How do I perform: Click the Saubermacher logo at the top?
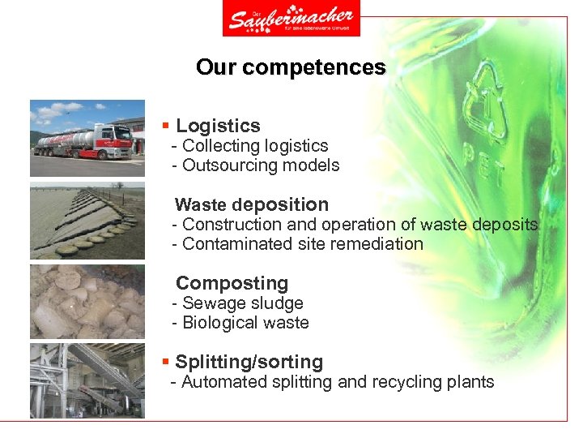point(291,18)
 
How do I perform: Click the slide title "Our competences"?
point(291,67)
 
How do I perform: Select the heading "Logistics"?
point(218,126)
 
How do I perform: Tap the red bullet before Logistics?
point(165,126)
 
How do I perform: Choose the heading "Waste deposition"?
point(252,204)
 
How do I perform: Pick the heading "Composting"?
point(232,283)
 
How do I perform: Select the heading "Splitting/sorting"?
point(249,362)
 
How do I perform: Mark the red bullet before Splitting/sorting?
point(165,362)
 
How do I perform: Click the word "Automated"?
point(217,382)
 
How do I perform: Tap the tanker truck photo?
point(87,138)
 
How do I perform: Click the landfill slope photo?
point(87,221)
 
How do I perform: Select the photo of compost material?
point(87,301)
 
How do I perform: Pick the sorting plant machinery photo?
point(87,380)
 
